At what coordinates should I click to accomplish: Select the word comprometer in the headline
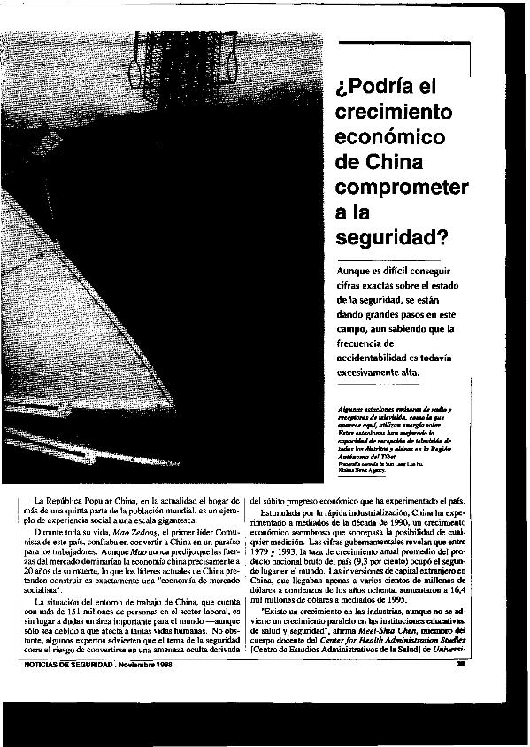402,189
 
